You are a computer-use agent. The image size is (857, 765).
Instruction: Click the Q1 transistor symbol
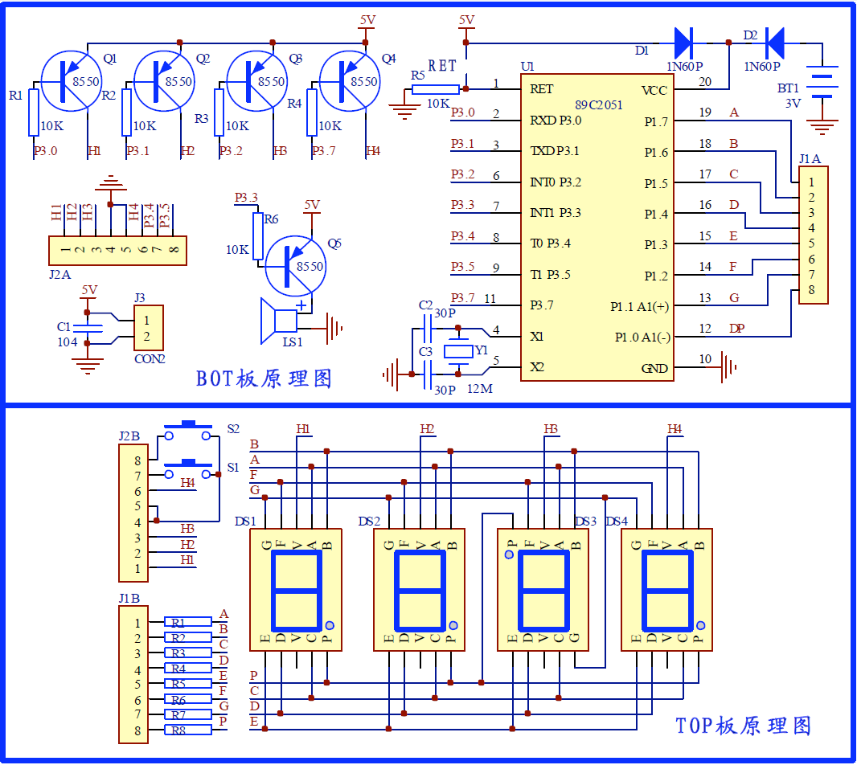tap(71, 80)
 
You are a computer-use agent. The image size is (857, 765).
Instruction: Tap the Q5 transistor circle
tap(295, 266)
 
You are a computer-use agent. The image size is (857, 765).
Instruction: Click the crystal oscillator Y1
tap(458, 350)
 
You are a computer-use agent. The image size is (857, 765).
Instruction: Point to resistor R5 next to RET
tap(437, 89)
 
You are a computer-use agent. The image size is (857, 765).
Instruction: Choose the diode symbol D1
tap(683, 39)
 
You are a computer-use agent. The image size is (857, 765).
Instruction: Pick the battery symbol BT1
tap(821, 83)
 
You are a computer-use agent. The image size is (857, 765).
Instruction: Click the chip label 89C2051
tap(598, 105)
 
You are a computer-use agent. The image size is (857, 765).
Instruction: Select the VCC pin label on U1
tap(654, 90)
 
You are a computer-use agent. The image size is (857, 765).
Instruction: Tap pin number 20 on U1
tap(705, 82)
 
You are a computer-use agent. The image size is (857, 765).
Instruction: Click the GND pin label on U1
tap(654, 368)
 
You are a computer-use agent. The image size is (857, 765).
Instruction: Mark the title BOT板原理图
tap(264, 378)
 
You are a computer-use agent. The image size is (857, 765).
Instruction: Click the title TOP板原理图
tap(743, 726)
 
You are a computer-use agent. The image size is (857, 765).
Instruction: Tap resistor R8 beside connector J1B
tap(187, 730)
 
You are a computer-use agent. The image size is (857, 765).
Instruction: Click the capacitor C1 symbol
tap(88, 328)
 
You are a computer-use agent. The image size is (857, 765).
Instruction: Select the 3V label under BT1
tap(793, 104)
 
